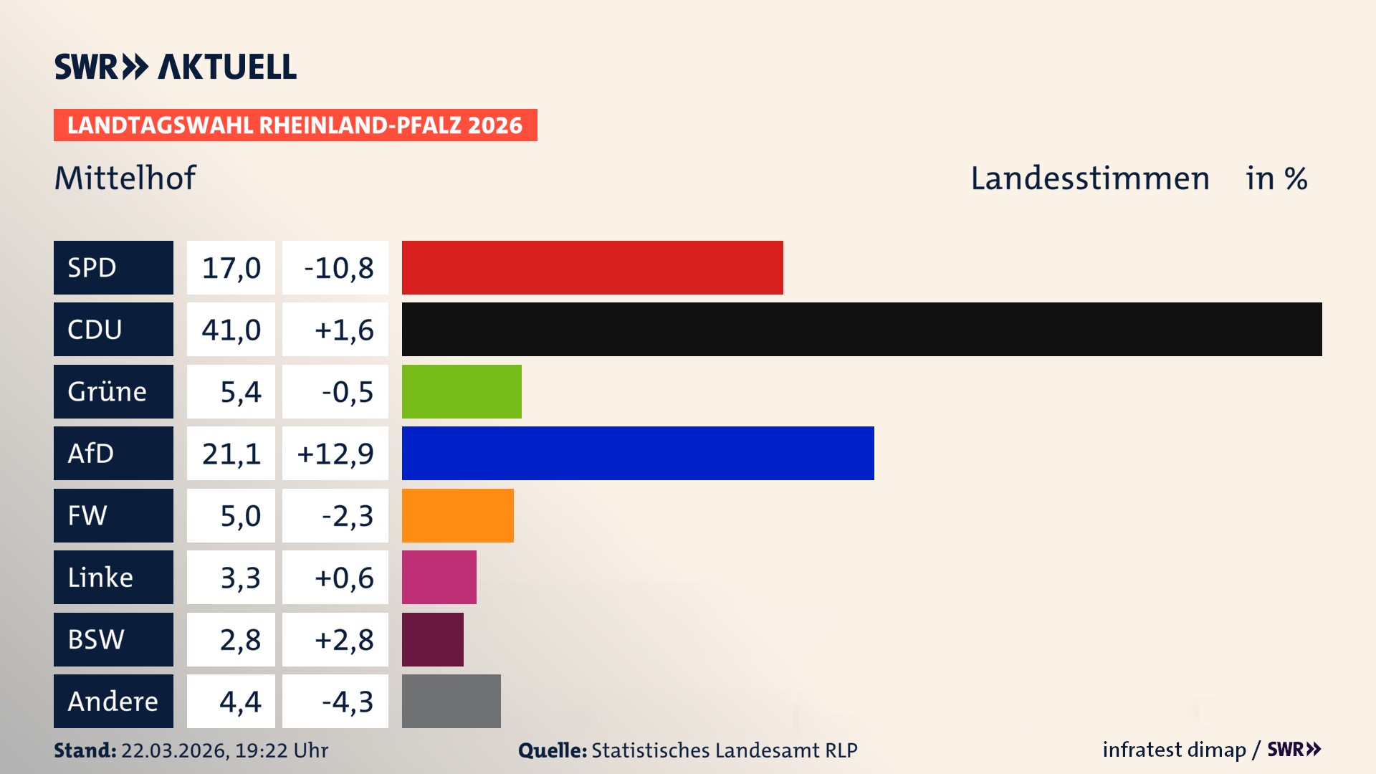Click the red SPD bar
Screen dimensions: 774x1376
click(592, 267)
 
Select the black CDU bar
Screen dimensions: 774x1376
click(861, 329)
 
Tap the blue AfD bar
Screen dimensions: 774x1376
click(638, 453)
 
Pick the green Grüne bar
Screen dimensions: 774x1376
click(462, 391)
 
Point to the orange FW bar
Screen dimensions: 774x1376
click(457, 515)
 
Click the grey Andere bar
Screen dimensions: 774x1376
click(451, 701)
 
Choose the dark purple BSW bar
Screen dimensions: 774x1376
click(432, 639)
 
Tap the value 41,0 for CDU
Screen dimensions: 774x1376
click(231, 330)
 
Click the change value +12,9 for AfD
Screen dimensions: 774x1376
click(335, 454)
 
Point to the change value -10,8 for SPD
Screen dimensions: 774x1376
click(338, 268)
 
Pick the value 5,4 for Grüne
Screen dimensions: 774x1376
click(240, 392)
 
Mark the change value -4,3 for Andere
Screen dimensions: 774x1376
click(347, 702)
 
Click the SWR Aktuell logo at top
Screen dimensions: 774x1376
click(176, 67)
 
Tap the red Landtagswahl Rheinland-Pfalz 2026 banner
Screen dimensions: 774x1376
click(295, 125)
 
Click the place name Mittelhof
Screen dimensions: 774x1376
click(125, 178)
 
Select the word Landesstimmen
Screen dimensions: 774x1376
click(1089, 178)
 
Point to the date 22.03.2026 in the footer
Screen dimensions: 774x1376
click(174, 750)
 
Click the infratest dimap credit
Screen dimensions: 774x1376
click(1174, 750)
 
